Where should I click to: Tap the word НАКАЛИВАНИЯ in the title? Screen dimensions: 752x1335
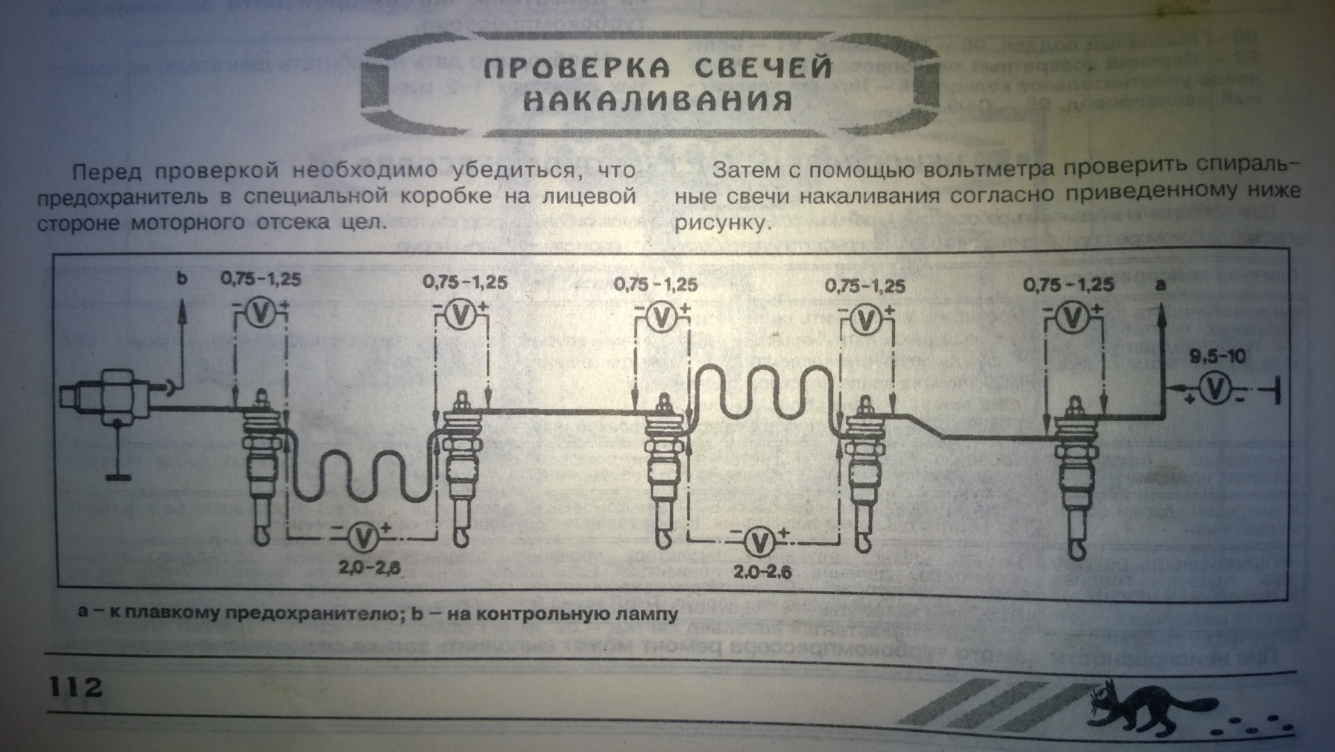(x=657, y=102)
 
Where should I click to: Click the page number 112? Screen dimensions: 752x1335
(x=75, y=687)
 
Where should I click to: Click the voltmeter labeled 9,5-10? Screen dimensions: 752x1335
(x=1215, y=390)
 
